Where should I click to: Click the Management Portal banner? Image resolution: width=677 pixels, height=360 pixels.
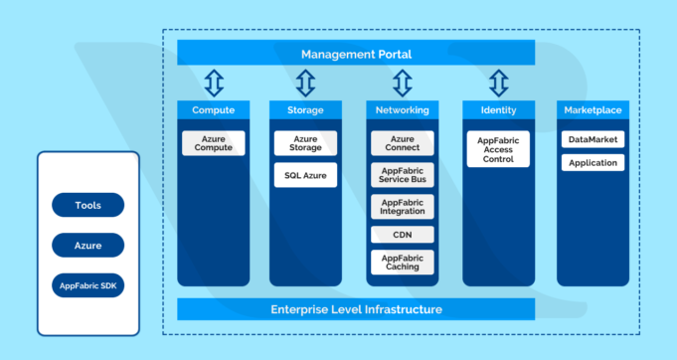click(x=356, y=54)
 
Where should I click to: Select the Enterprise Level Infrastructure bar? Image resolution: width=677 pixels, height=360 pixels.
click(x=356, y=309)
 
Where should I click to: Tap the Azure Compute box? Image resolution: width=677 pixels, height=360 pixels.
click(x=214, y=143)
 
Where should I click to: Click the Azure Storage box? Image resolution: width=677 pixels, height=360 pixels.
click(x=305, y=143)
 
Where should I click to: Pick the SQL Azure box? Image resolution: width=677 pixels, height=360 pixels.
click(x=305, y=176)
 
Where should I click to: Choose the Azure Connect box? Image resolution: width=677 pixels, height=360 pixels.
click(x=402, y=143)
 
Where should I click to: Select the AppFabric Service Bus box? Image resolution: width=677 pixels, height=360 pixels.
click(x=402, y=175)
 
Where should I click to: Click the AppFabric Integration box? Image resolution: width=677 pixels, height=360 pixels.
click(x=402, y=206)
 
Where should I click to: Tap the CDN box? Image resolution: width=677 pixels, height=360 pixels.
click(x=402, y=235)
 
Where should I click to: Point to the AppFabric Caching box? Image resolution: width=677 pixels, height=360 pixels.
click(x=402, y=263)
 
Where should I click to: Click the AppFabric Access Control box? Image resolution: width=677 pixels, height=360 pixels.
click(x=498, y=149)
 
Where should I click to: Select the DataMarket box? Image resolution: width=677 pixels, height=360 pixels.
click(x=592, y=140)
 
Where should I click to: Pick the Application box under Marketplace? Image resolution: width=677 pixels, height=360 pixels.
click(x=592, y=162)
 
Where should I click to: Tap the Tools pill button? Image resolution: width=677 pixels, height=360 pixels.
click(x=87, y=205)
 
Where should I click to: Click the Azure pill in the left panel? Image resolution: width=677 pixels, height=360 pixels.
click(x=87, y=245)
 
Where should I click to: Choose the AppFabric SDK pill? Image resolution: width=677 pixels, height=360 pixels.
click(x=87, y=285)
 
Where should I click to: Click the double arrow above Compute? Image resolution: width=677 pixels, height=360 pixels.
click(x=214, y=83)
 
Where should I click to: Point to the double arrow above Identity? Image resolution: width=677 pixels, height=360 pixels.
click(x=498, y=83)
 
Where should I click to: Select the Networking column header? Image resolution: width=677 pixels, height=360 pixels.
click(x=402, y=108)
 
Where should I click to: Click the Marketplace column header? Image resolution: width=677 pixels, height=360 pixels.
click(x=592, y=108)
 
